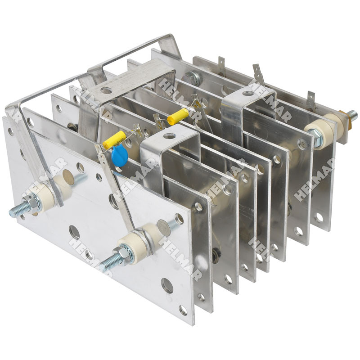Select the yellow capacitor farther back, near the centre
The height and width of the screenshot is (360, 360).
coord(178,117)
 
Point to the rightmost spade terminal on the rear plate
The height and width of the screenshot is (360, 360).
coord(310,97)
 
